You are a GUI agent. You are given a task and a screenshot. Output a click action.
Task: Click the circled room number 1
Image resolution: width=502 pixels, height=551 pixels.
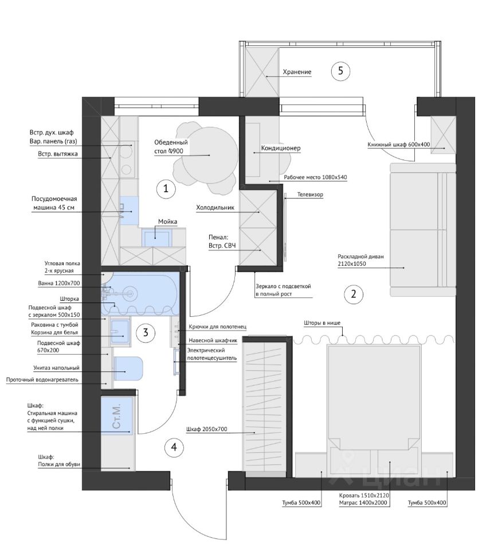[166, 189]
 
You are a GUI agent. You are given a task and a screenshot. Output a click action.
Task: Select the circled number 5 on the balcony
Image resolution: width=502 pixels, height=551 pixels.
[340, 71]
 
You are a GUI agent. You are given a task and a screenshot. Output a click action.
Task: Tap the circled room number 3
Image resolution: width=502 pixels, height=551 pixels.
[146, 332]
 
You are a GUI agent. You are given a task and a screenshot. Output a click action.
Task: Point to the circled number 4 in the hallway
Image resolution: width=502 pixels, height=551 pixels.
[174, 447]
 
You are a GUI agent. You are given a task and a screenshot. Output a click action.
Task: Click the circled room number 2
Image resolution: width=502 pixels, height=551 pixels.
[353, 294]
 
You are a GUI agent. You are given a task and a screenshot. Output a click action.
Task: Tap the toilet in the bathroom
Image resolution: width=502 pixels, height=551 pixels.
[128, 368]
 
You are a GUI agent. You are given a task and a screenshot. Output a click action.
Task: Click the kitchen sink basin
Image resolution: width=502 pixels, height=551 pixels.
[156, 237]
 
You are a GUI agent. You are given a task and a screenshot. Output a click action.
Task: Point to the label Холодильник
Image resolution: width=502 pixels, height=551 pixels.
[215, 207]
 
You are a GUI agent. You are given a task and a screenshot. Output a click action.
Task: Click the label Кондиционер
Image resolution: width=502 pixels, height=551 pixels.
[281, 148]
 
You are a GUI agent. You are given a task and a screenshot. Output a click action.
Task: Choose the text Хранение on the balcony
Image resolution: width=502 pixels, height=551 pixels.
[297, 72]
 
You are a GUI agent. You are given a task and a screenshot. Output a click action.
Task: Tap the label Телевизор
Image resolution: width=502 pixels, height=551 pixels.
[310, 195]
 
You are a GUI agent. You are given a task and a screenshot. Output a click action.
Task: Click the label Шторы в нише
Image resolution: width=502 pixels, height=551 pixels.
[322, 323]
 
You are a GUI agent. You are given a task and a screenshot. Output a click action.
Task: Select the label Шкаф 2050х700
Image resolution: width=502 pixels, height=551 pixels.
[207, 429]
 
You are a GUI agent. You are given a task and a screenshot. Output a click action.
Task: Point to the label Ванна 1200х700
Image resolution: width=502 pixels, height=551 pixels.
[59, 283]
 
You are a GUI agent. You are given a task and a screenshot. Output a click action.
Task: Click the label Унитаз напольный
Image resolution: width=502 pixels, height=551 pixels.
[57, 368]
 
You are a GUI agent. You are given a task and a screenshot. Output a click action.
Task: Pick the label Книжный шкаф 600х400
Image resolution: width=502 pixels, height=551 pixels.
[398, 145]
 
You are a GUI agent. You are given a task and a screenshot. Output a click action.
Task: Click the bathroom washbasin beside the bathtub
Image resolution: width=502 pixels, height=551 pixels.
[120, 331]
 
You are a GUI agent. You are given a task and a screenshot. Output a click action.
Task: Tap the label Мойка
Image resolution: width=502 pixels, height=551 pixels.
[167, 222]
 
